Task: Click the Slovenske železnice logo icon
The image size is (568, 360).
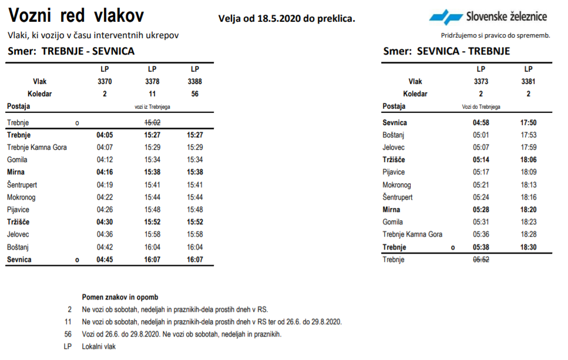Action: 445,17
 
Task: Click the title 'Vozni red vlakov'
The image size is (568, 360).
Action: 76,16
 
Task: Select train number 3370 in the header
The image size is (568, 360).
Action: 105,82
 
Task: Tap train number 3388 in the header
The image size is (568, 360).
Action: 194,82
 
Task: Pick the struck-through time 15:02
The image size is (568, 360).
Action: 152,123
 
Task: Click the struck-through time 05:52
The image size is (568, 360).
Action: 480,260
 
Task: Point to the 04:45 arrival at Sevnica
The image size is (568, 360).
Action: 105,260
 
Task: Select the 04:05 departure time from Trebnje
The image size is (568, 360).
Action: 105,135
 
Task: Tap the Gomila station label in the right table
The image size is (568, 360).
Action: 392,222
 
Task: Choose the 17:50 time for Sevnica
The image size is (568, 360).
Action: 528,123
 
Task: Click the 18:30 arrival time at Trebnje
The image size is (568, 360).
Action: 528,247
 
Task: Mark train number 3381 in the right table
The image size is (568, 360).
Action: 528,82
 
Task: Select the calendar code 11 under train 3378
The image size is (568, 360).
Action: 152,94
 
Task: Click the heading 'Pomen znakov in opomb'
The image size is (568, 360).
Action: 120,297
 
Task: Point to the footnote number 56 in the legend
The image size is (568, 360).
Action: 68,334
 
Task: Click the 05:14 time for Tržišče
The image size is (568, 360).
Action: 480,160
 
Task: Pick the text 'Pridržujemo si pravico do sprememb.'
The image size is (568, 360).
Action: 495,35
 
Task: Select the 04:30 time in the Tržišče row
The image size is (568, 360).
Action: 105,222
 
